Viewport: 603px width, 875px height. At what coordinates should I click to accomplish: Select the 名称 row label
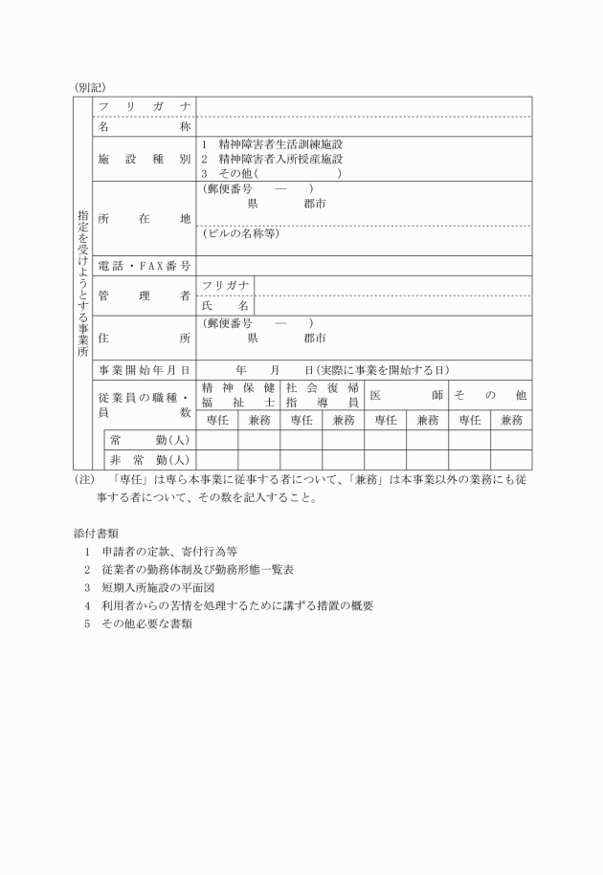point(145,125)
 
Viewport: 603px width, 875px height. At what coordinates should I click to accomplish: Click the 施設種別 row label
point(145,159)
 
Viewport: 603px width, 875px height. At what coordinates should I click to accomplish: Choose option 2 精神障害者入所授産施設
point(272,159)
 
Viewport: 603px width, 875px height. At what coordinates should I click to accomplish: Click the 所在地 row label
point(145,218)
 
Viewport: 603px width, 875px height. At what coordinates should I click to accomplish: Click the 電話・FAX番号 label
point(145,265)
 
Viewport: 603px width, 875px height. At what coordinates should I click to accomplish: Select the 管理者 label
point(145,296)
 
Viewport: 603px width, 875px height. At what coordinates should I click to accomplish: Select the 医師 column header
point(406,395)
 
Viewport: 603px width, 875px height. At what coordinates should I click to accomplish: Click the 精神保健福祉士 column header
point(237,395)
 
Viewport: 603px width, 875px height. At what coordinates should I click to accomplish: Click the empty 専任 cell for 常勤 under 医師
point(385,440)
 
